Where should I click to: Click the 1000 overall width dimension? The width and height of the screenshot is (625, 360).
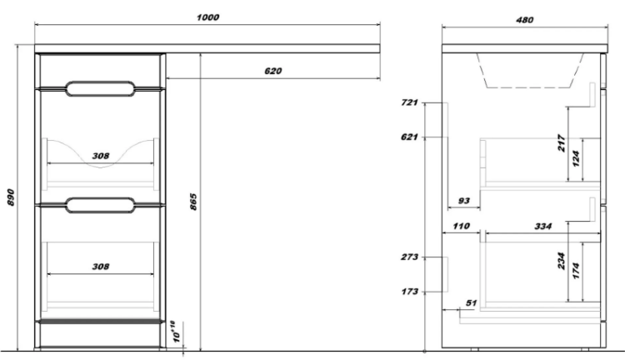coord(208,17)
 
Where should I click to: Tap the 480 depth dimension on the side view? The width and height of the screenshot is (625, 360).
coord(524,19)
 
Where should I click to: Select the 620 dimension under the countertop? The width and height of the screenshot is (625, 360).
coord(273,71)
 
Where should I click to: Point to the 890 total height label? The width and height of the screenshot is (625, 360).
coord(11,197)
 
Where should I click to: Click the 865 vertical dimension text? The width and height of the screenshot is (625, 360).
coord(193,202)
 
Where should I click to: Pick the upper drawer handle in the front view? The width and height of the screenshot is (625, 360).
coord(101,89)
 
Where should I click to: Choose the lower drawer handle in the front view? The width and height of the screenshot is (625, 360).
coord(101,205)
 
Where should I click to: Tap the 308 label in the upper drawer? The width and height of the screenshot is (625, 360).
coord(101,156)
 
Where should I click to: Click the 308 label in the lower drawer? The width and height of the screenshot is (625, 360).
coord(101,267)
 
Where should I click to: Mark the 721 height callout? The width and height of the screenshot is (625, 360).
coord(409,102)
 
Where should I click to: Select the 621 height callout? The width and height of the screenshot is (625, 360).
coord(409,137)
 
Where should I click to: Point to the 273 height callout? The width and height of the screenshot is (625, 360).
coord(409,257)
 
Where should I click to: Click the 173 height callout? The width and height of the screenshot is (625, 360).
coord(409,292)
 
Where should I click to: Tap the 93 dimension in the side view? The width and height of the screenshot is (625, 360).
coord(464,201)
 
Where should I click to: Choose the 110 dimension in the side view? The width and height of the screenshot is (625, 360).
coord(461,226)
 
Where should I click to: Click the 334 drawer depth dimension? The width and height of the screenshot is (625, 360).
coord(542,227)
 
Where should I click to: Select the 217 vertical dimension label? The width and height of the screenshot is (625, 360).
coord(562,143)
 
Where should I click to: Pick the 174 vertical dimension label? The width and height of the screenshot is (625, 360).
coord(576,270)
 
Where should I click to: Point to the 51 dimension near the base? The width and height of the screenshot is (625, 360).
coord(471,303)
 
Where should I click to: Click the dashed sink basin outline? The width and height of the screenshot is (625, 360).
coord(529,87)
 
